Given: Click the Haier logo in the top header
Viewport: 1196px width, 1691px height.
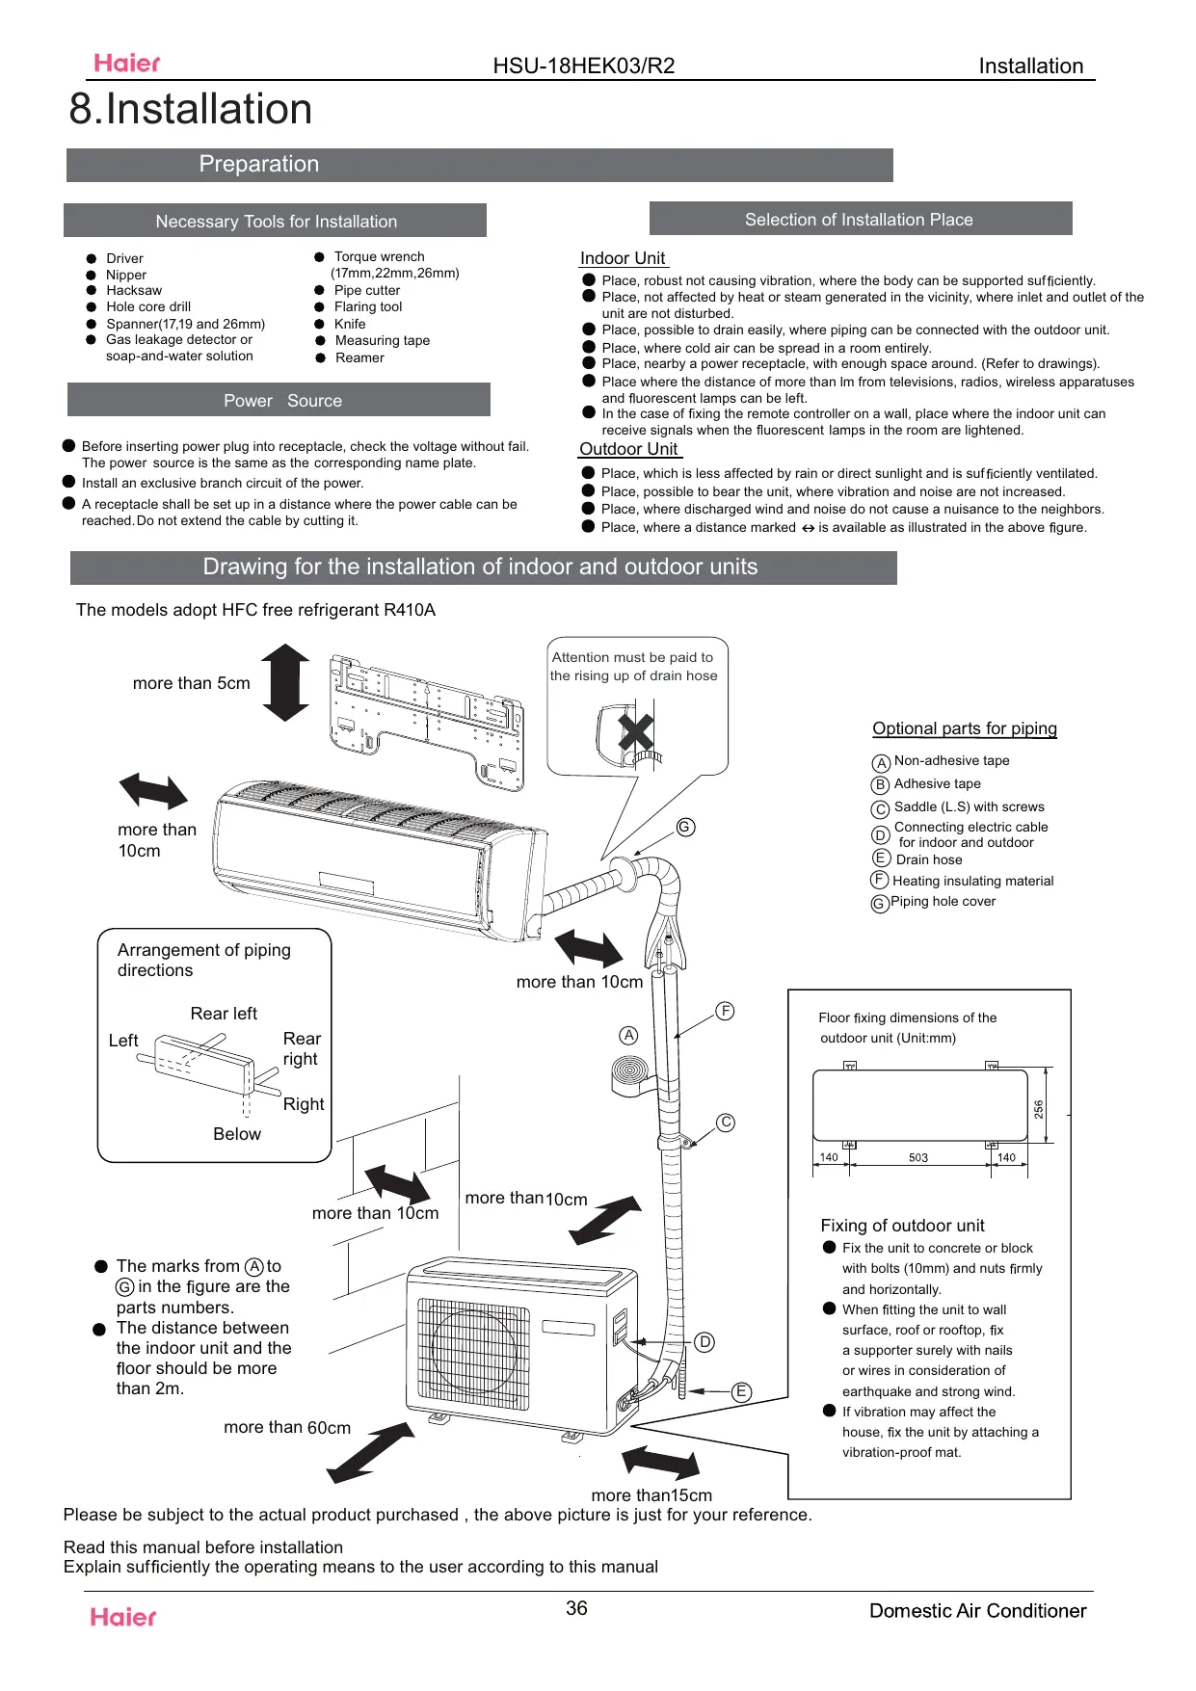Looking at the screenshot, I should (x=127, y=64).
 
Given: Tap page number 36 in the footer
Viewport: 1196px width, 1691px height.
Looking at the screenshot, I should (x=576, y=1608).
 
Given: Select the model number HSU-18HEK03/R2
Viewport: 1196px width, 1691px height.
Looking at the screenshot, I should (x=583, y=66).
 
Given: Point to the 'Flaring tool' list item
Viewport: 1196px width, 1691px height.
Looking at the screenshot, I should (x=367, y=306).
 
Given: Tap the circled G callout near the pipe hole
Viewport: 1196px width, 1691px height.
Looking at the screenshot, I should (x=685, y=827).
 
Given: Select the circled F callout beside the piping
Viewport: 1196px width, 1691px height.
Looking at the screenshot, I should (x=725, y=1011).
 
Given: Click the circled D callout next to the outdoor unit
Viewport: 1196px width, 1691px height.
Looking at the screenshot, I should (x=704, y=1342).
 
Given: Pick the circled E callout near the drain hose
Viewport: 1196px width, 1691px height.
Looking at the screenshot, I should (x=741, y=1391).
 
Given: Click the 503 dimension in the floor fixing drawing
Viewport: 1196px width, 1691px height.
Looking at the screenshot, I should (x=917, y=1157).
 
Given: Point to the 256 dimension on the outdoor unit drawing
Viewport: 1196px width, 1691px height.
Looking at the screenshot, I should (x=1038, y=1109).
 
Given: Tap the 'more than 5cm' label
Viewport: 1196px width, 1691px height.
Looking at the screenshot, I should (x=191, y=683).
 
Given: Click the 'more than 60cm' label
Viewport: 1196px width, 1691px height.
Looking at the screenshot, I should (x=287, y=1427).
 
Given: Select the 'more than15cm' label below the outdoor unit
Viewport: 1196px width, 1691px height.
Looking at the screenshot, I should (x=651, y=1495).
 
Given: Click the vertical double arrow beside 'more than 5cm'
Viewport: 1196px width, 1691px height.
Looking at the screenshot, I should (x=286, y=683).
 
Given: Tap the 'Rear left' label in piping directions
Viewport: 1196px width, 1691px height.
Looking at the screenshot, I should (x=224, y=1014).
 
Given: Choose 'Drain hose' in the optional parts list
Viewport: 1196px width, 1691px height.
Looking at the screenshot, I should (x=928, y=859).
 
